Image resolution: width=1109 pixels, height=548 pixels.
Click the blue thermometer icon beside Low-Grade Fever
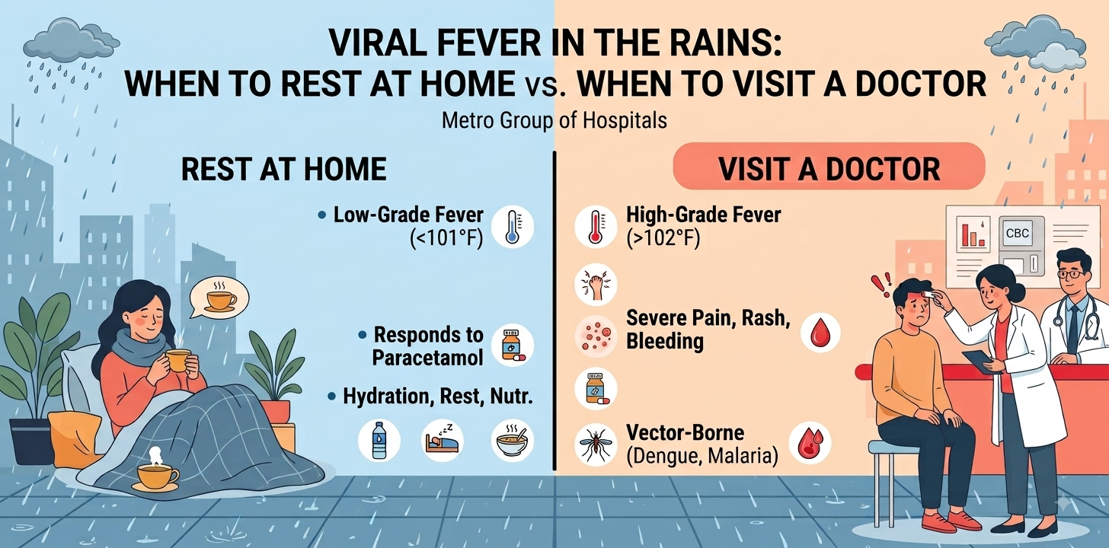513,227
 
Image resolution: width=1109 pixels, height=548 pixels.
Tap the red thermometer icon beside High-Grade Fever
596,227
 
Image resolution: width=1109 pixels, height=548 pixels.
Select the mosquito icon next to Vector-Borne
596,444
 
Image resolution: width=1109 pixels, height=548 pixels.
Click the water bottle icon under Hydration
379,441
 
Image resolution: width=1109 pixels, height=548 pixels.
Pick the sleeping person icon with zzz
443,441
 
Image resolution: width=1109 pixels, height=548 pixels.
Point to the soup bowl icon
513,441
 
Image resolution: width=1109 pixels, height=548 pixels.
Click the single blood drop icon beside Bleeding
820,333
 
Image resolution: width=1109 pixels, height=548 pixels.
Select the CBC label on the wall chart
1017,234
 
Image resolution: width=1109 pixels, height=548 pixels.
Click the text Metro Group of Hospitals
554,120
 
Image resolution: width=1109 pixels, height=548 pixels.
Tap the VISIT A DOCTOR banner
829,167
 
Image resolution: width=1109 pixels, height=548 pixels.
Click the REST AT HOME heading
283,169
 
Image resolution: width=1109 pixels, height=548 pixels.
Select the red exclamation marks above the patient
881,285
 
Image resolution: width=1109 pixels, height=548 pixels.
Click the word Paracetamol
428,358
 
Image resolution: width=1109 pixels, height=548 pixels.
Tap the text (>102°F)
663,239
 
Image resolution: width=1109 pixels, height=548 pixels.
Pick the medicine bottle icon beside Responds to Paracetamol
513,345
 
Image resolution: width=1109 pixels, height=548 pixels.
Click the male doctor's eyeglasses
1069,273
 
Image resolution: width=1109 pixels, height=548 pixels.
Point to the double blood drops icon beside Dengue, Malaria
810,443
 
